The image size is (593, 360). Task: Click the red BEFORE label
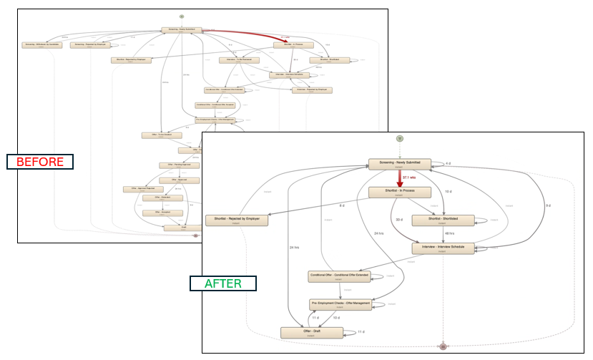(x=40, y=162)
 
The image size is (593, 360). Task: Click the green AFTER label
(x=223, y=283)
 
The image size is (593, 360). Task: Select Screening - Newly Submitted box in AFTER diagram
(x=400, y=164)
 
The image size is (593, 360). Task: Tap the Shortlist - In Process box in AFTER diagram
(x=400, y=192)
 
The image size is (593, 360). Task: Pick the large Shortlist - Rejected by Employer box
(x=237, y=220)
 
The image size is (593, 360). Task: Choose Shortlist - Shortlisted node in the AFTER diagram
(x=443, y=220)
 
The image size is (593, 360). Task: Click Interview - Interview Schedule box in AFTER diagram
(x=443, y=248)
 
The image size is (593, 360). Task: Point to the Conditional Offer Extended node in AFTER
(x=340, y=276)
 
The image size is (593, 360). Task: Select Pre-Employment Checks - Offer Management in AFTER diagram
(x=340, y=304)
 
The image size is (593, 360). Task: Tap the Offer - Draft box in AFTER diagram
(x=310, y=332)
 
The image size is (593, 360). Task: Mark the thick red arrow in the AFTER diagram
(x=401, y=178)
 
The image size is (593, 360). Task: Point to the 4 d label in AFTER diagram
(x=449, y=164)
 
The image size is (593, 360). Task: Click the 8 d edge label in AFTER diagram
(x=342, y=206)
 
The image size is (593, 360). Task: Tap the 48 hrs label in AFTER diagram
(x=450, y=234)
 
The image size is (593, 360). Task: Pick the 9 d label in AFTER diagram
(x=548, y=206)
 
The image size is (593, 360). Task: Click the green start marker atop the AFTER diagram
(x=401, y=137)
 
